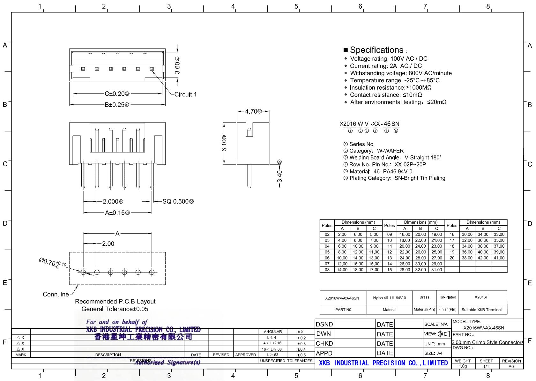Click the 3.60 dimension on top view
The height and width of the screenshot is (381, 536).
point(178,67)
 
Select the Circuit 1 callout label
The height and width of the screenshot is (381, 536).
point(185,94)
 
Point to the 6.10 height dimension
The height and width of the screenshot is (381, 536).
point(224,144)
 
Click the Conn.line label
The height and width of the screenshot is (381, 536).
point(56,294)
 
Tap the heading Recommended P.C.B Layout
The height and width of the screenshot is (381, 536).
point(115,302)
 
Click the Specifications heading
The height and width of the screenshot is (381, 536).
point(376,50)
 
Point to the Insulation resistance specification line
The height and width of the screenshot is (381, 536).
point(390,88)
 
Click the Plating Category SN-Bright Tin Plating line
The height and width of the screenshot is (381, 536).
point(397,178)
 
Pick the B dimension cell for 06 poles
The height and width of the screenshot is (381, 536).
point(358,258)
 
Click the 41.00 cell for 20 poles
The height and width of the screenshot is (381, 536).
point(499,258)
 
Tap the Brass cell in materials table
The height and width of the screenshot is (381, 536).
point(424,297)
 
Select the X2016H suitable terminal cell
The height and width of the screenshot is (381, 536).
point(481,297)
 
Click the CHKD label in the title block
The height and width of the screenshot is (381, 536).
point(324,344)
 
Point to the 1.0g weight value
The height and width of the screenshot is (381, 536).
point(463,366)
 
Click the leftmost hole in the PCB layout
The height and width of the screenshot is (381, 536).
point(83,272)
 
